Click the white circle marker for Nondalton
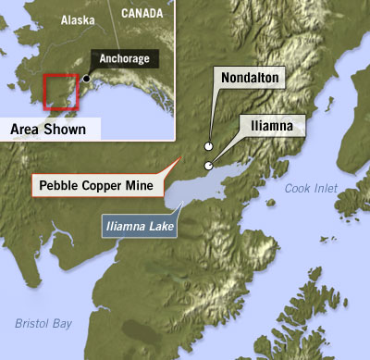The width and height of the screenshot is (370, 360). pos(209,145)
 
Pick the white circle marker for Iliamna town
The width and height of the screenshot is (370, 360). pos(209,166)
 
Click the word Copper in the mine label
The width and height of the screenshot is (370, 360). pos(102,183)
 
